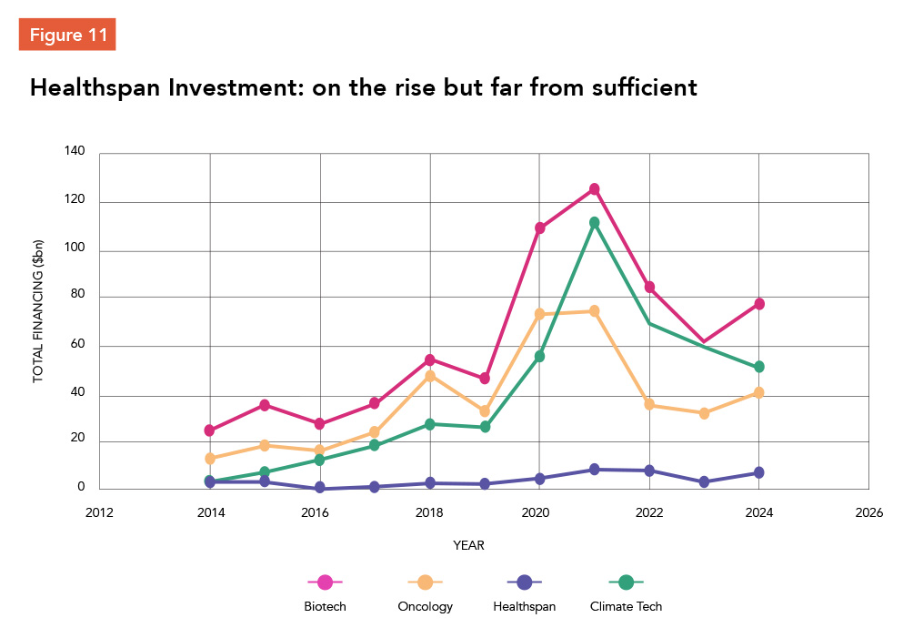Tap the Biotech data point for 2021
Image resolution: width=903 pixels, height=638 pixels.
(x=594, y=189)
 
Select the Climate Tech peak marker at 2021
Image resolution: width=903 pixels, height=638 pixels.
(x=594, y=222)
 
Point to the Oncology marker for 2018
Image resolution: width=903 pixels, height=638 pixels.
(x=430, y=376)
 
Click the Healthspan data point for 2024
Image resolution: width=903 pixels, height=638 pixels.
(x=758, y=472)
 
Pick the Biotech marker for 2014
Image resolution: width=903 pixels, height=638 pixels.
(x=210, y=430)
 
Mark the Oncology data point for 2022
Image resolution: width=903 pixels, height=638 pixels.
(x=649, y=405)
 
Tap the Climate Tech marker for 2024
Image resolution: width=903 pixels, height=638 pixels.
(x=758, y=367)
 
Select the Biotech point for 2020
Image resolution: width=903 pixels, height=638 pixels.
(x=539, y=228)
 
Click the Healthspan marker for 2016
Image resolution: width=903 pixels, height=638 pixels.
(x=320, y=488)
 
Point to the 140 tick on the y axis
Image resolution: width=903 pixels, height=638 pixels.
(x=75, y=153)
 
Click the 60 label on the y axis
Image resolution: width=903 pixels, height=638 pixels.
(x=78, y=346)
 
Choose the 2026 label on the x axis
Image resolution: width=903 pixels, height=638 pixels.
(x=868, y=511)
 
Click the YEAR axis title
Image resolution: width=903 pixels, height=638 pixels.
(x=468, y=546)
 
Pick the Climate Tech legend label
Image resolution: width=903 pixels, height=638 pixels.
(x=626, y=606)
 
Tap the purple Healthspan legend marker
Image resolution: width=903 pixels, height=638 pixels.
(x=524, y=581)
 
